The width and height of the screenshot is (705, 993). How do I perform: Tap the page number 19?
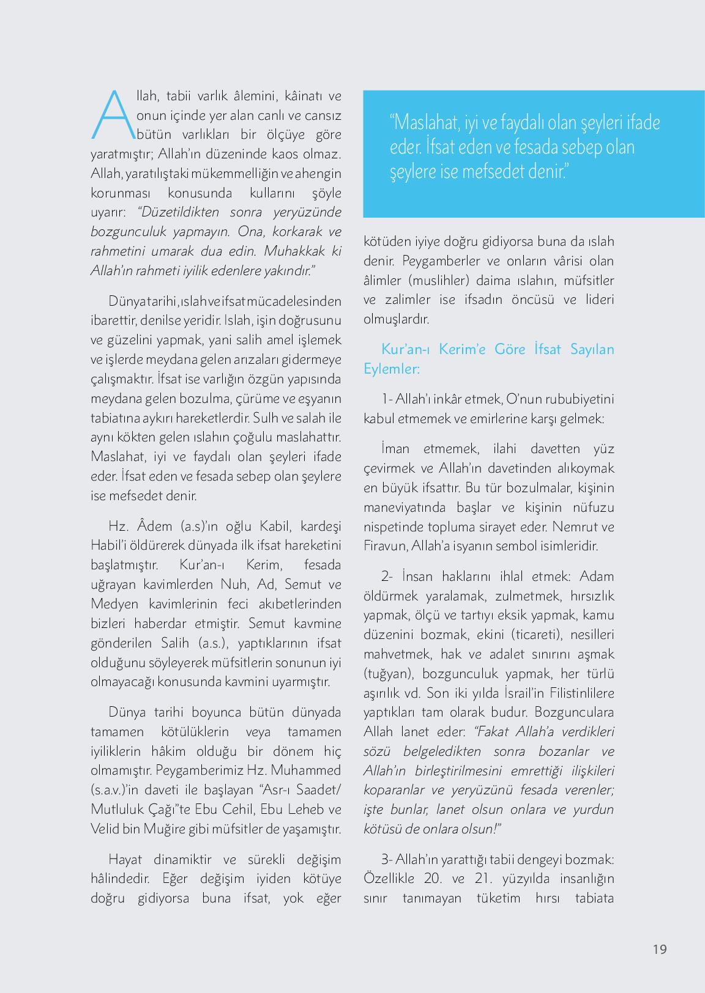pyautogui.click(x=660, y=949)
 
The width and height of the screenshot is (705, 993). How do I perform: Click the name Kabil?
pyautogui.click(x=277, y=526)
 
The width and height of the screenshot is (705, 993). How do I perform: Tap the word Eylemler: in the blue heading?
pyautogui.click(x=392, y=369)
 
